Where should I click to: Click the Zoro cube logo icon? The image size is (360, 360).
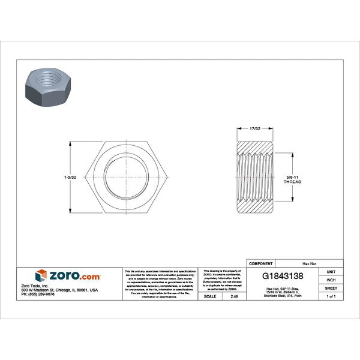pos(41,275)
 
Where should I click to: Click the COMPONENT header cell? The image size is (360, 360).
pos(261,263)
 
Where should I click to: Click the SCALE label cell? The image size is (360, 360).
pos(210,296)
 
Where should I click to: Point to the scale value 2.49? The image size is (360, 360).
pos(233,296)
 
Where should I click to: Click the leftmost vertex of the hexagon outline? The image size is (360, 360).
pos(87,179)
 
